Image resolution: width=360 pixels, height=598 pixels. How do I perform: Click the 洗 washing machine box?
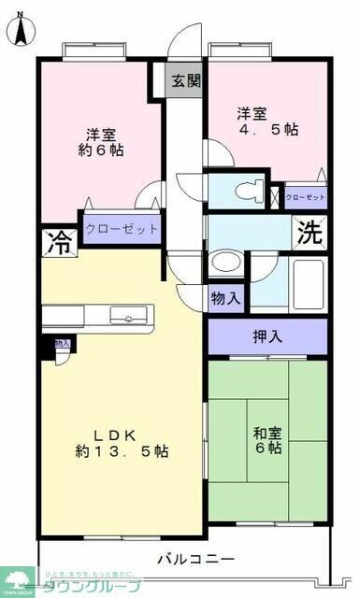click(310, 232)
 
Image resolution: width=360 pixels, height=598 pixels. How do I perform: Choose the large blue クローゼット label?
click(121, 229)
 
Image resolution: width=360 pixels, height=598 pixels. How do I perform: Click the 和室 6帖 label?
click(267, 440)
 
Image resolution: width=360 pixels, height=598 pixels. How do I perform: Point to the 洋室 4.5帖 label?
click(266, 121)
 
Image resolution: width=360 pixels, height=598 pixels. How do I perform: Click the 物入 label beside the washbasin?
click(225, 299)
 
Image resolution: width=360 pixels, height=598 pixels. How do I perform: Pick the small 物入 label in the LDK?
click(62, 344)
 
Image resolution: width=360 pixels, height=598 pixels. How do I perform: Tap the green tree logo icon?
click(17, 581)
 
